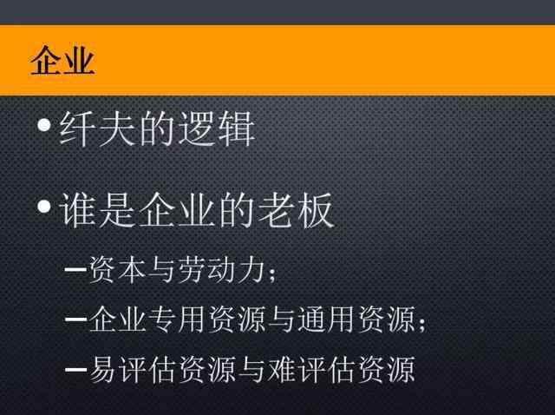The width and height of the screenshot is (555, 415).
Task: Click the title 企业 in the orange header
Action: tap(62, 60)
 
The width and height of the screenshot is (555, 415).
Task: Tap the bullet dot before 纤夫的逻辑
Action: tap(44, 125)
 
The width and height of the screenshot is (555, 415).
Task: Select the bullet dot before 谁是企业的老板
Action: tap(44, 207)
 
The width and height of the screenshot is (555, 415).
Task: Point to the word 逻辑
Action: tap(217, 128)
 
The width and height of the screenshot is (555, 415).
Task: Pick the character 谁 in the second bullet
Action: tap(78, 210)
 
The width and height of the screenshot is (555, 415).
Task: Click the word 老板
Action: tap(296, 210)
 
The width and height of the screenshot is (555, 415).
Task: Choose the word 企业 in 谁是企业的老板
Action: tap(177, 210)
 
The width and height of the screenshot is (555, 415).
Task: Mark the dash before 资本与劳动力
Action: tap(75, 270)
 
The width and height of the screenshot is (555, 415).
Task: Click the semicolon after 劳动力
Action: tap(272, 273)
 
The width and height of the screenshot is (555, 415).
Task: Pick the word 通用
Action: tap(326, 319)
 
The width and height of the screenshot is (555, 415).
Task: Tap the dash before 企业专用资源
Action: tap(75, 319)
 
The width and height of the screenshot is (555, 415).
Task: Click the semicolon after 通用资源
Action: tap(422, 322)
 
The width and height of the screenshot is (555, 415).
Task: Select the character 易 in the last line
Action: tap(102, 369)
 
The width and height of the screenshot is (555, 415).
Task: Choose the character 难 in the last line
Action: tap(281, 369)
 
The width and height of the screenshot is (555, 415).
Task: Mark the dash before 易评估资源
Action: tap(75, 369)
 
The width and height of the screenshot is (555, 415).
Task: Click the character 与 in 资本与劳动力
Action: tap(162, 270)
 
